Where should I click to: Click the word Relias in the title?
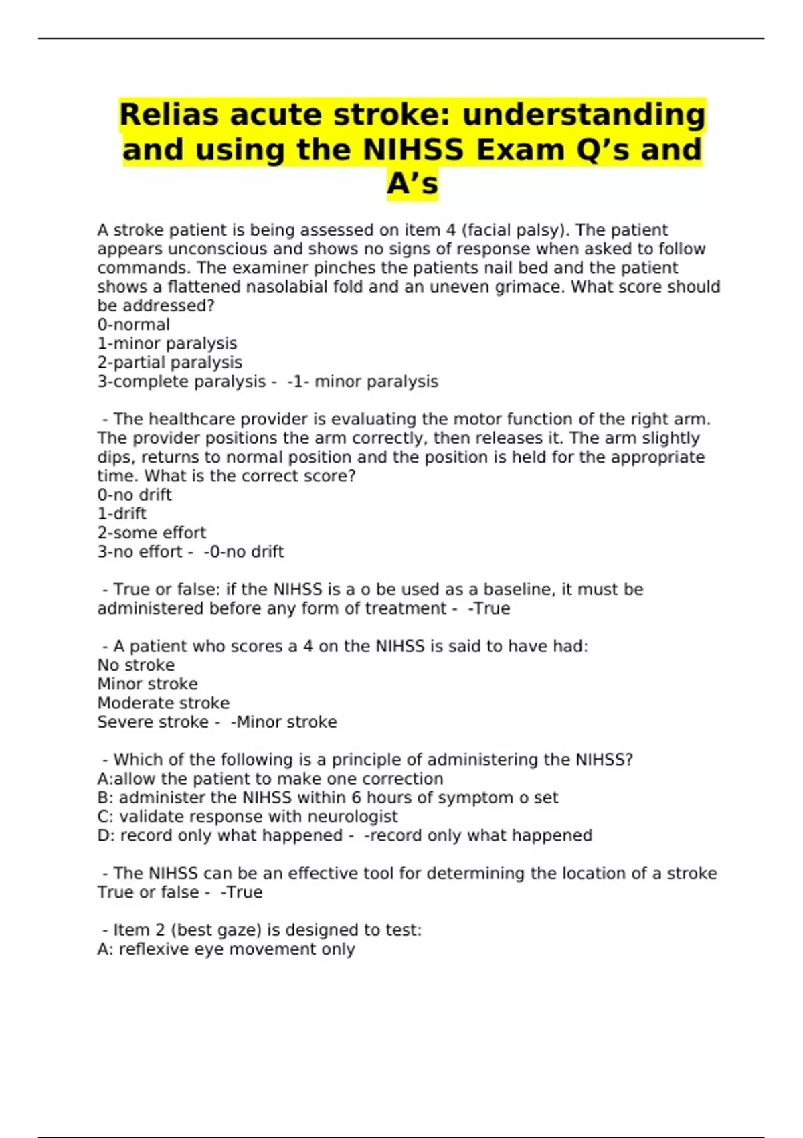coord(169,114)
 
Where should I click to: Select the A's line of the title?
coord(412,184)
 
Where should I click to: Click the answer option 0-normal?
coord(133,325)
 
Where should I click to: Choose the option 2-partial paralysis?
coord(169,362)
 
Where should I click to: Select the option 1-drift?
coord(121,513)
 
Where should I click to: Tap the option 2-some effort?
coord(151,533)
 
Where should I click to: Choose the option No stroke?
coord(136,665)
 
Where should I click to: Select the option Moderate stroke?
coord(163,703)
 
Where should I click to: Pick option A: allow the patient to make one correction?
coord(270,779)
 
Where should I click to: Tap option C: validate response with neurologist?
coord(247,817)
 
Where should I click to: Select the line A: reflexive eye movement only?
coord(226,949)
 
